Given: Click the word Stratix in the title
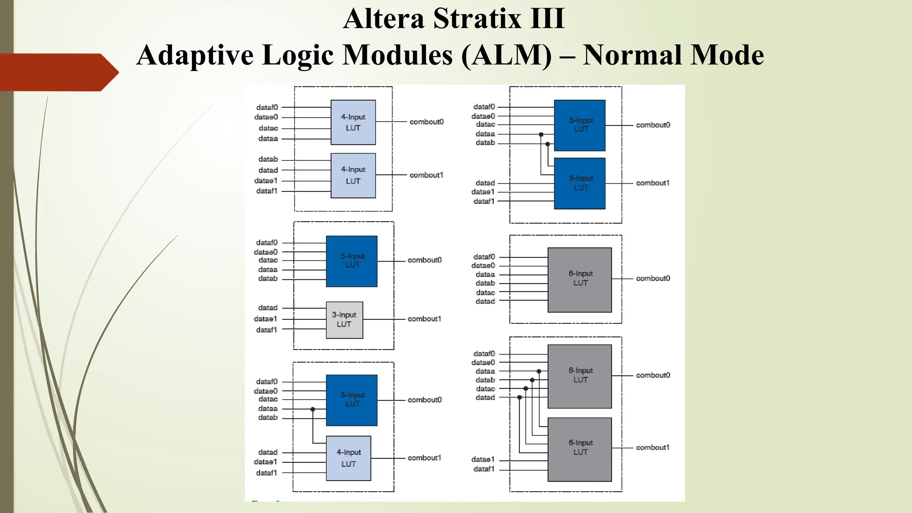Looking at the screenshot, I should [477, 19].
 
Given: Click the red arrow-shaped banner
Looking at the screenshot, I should [58, 72].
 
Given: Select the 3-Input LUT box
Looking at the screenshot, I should [344, 320].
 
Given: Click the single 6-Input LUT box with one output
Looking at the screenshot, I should [579, 280].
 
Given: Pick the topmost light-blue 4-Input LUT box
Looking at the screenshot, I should [353, 122].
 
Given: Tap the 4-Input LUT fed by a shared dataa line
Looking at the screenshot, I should [348, 458].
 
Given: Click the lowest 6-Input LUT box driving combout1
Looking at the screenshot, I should [579, 449].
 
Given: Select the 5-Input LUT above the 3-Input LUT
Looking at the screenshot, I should [351, 261].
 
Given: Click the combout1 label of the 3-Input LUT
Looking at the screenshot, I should [424, 319].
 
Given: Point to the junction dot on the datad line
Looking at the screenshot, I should [519, 397].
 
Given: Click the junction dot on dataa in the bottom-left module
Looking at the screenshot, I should [313, 409].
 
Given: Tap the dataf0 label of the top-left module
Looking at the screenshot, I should [267, 107].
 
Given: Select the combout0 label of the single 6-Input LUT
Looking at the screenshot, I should [652, 278].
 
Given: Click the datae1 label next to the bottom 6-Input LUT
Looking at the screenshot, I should [483, 459].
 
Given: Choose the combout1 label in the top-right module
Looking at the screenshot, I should [652, 183].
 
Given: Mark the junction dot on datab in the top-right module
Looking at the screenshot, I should [547, 144].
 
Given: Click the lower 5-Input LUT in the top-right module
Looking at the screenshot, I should [579, 183].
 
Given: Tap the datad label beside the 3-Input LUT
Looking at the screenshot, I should [268, 308].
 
